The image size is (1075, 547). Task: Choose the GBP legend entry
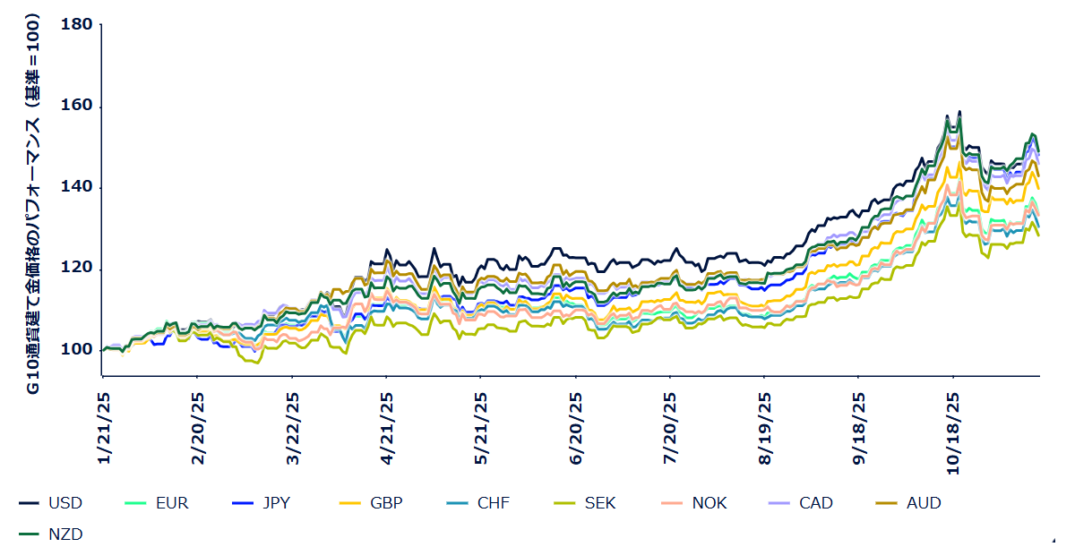[386, 503]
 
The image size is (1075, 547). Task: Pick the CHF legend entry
[493, 503]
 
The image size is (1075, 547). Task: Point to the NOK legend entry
[709, 503]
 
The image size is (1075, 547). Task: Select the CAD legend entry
[815, 503]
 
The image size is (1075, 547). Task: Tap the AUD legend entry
[924, 503]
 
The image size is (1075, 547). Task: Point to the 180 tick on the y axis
[77, 24]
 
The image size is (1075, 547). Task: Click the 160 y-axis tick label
[77, 107]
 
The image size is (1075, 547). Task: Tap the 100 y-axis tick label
[77, 350]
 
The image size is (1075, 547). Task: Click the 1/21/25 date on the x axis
[104, 428]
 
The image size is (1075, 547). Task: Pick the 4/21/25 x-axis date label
[387, 428]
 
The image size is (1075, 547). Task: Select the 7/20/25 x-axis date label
[670, 428]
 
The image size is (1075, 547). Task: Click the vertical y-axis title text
[31, 203]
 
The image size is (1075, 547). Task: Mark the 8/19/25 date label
[764, 428]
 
